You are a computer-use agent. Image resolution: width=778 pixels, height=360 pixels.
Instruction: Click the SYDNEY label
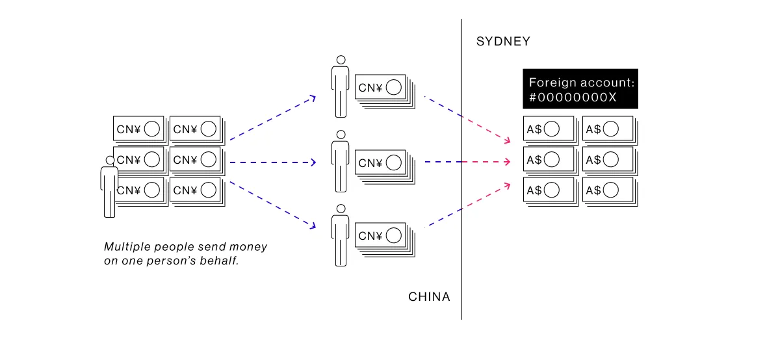tap(503, 42)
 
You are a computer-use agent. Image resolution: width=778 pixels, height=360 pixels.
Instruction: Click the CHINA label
tap(429, 297)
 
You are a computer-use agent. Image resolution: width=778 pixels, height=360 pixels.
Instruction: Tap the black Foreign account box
tap(580, 90)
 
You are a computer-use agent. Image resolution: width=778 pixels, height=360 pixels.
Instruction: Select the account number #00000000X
tap(573, 97)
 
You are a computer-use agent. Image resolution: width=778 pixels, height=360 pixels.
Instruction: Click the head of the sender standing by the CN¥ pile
tap(110, 161)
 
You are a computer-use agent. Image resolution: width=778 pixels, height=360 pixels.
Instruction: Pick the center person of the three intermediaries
tap(339, 162)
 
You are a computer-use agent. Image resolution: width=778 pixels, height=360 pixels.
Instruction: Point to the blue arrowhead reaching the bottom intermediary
tap(313, 226)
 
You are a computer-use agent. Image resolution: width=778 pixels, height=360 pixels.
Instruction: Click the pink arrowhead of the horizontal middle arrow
tap(507, 162)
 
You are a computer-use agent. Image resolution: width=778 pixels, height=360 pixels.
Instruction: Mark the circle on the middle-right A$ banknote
tap(610, 160)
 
